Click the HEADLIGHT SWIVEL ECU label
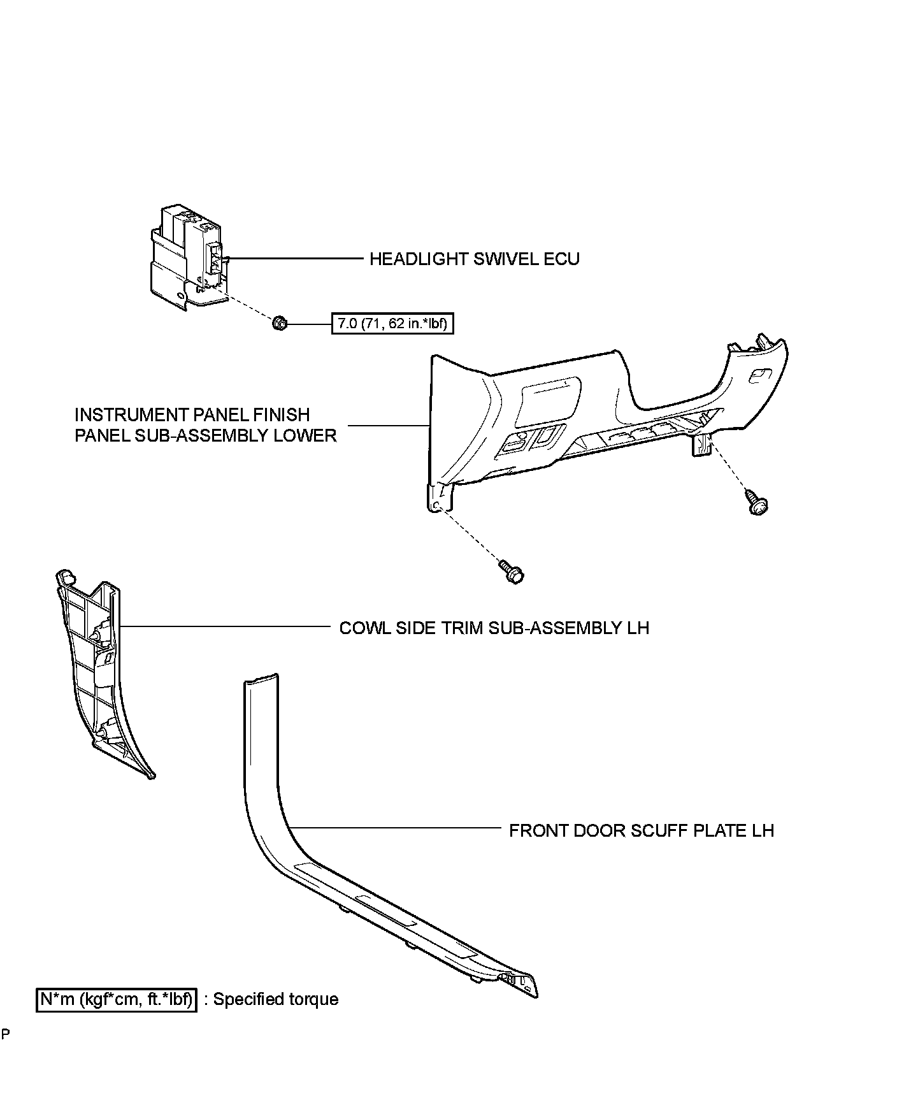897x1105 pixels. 475,259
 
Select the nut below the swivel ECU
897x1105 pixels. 279,324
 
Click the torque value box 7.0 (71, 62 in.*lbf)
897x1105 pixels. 392,324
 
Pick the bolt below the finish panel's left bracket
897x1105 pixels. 512,571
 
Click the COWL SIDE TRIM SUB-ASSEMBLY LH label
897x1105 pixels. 494,628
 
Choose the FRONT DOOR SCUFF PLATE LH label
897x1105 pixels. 642,831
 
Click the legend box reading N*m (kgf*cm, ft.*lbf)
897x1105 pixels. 116,999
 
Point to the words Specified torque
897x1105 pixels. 276,999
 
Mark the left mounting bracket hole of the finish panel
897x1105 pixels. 436,505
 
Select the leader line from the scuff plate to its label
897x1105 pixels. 395,828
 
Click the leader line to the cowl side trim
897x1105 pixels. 223,626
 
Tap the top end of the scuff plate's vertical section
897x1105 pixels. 261,679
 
